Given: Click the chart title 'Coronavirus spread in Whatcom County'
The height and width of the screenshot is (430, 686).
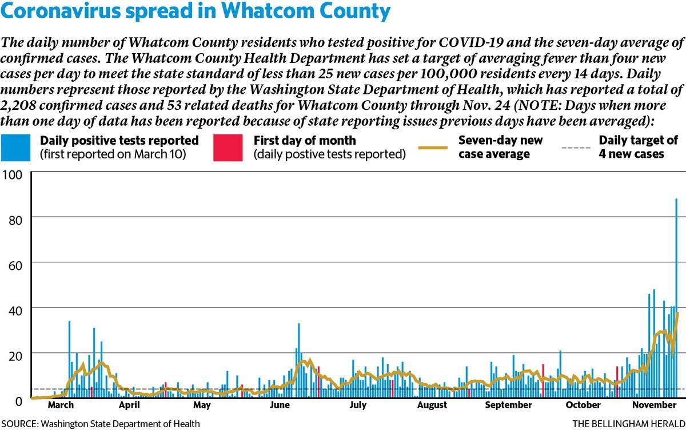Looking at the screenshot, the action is (x=196, y=11).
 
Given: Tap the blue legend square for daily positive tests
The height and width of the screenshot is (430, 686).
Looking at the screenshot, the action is (x=15, y=148).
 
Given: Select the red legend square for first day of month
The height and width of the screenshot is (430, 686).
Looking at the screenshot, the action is (x=228, y=148).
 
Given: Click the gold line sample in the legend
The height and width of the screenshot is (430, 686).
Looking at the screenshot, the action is (x=433, y=148).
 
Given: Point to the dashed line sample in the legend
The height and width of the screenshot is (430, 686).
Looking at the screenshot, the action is (x=576, y=148).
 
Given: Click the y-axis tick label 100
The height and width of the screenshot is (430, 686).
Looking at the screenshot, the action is (x=12, y=175).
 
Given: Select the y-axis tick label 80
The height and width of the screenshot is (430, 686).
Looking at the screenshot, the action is (x=15, y=220).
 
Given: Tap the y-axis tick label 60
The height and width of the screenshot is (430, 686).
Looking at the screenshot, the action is (x=15, y=265).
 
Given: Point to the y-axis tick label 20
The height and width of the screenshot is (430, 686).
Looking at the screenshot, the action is (x=15, y=356).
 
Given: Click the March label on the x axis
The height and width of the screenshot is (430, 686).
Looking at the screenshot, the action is (x=61, y=405).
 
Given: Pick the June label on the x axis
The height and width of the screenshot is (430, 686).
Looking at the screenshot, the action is (x=280, y=405).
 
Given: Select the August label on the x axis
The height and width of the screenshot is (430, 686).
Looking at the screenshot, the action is (x=432, y=405).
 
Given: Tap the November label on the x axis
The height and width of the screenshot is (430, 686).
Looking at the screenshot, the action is (x=654, y=405).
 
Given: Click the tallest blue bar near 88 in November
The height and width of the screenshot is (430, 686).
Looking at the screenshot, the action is (x=676, y=298).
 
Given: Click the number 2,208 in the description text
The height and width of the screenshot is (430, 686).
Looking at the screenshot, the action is (x=18, y=105).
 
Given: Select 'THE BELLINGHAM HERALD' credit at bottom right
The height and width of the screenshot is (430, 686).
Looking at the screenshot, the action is (x=629, y=424).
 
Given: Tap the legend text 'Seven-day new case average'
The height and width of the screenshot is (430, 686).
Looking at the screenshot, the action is (x=500, y=148).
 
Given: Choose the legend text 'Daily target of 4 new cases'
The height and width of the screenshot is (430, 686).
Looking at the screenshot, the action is (x=638, y=148).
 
